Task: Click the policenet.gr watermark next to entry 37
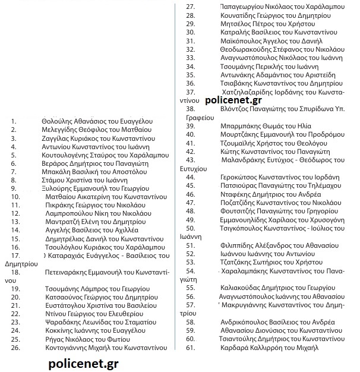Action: pyautogui.click(x=236, y=102)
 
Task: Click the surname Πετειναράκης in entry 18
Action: pyautogui.click(x=70, y=272)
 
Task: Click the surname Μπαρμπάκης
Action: pyautogui.click(x=241, y=127)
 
